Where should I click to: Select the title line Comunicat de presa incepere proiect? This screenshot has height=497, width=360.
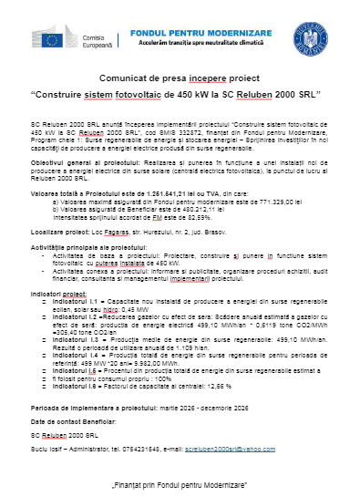[179, 77]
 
